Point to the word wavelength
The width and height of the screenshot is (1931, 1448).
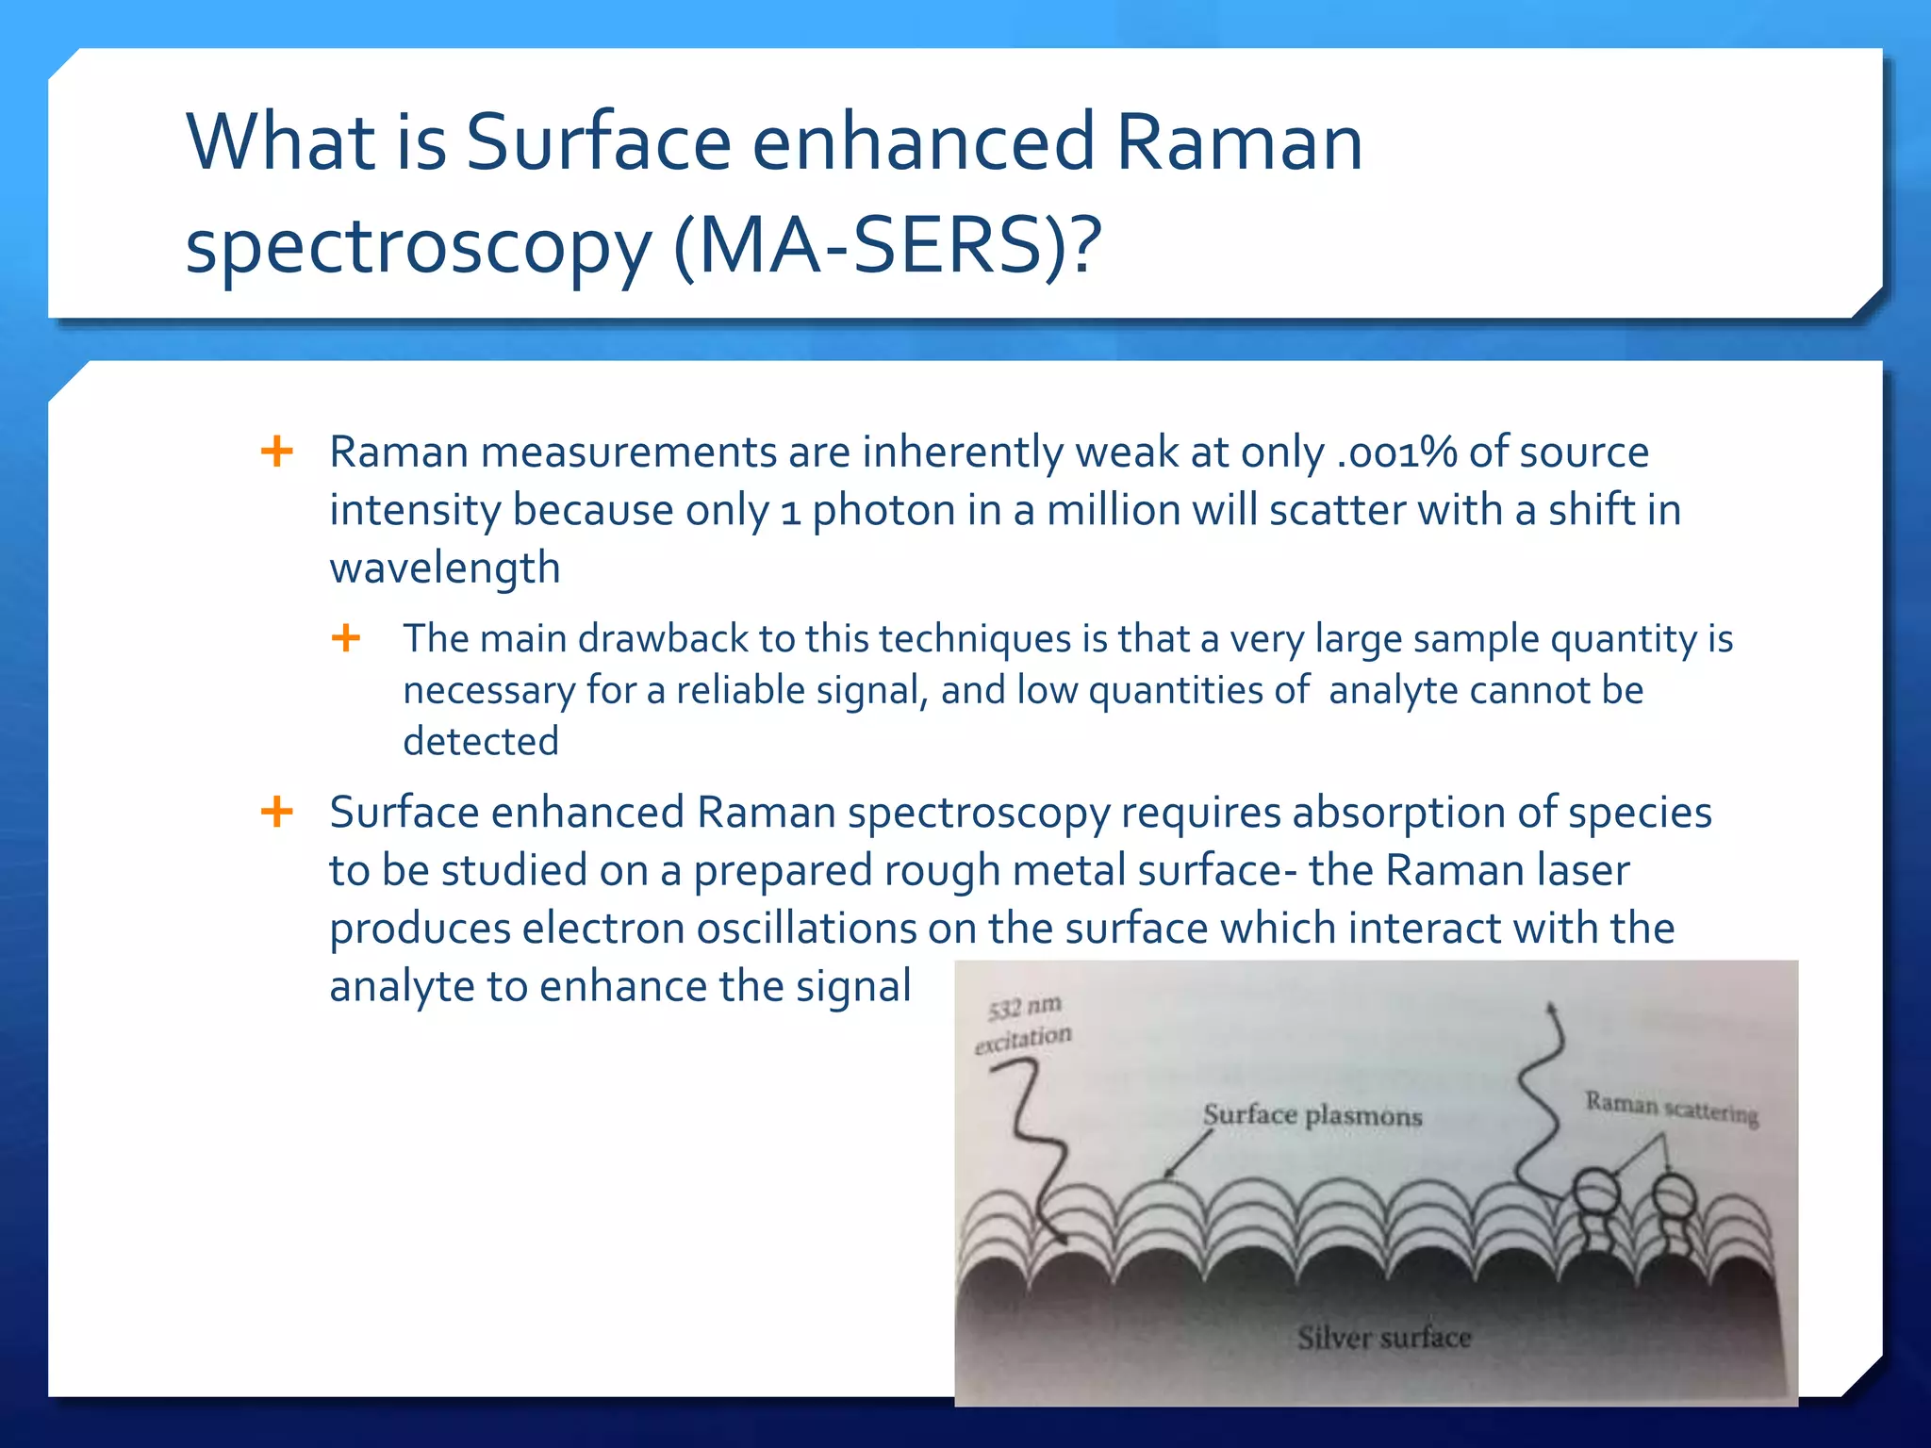(444, 568)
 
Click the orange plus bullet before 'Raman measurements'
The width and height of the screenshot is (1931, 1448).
(276, 452)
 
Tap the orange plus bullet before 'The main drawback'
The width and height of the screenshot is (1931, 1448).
(346, 638)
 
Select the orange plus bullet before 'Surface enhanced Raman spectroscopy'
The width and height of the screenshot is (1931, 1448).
(276, 812)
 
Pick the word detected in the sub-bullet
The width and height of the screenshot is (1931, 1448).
(480, 742)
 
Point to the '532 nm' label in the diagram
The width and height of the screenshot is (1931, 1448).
(1024, 1008)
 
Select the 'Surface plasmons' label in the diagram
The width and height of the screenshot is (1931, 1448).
(1312, 1116)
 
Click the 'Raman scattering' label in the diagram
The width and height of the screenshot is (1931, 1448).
(1671, 1108)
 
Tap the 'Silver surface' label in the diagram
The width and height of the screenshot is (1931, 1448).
(1383, 1338)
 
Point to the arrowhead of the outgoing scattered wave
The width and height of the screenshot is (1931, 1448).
(1549, 1010)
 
